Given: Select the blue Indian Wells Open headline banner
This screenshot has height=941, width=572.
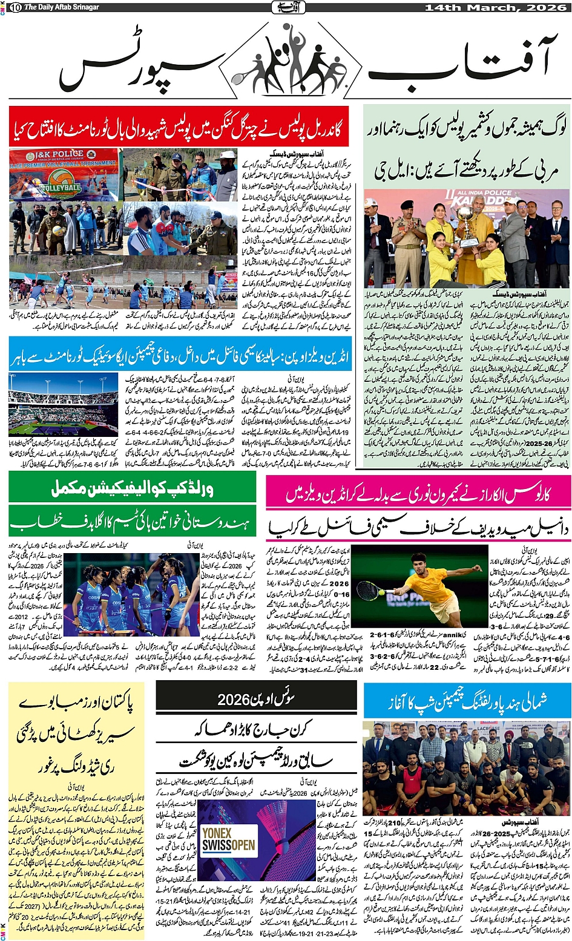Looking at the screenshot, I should (179, 356).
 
